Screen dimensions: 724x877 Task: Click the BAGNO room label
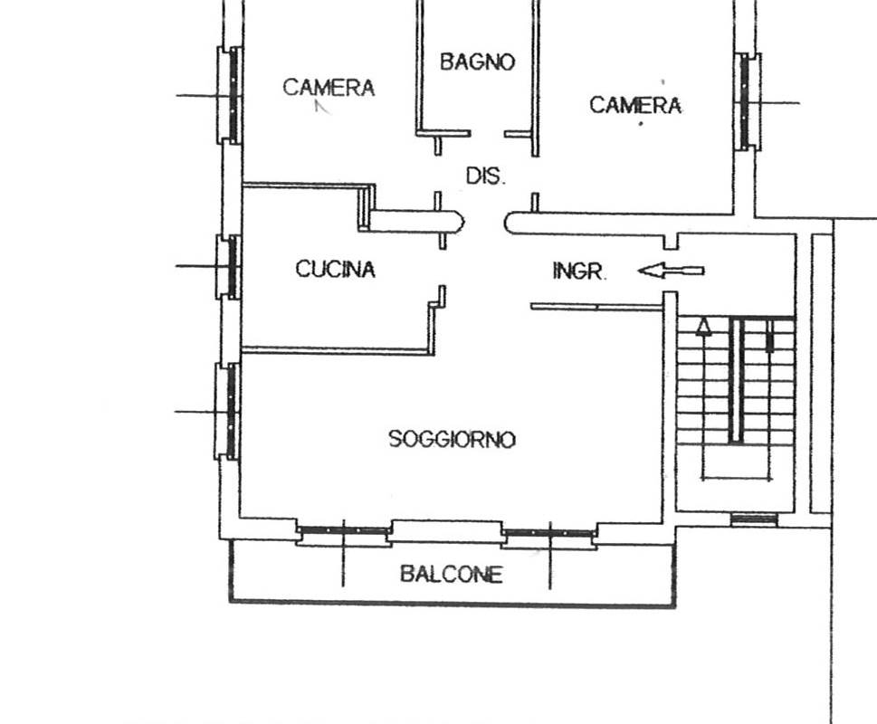(x=477, y=62)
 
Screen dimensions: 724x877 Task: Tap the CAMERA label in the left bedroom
(x=329, y=88)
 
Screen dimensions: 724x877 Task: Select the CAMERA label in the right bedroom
(x=635, y=106)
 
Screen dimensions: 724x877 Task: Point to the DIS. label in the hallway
(x=485, y=176)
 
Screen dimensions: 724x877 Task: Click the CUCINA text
(x=335, y=269)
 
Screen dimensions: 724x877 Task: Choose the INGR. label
(x=578, y=271)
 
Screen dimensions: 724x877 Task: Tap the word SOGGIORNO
(x=452, y=440)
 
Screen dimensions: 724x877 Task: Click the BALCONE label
(x=451, y=575)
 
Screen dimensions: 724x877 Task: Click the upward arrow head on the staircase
(x=703, y=327)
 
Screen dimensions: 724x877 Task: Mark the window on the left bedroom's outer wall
(x=232, y=94)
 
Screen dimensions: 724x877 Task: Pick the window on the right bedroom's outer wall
(x=746, y=101)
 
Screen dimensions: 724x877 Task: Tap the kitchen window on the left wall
(x=232, y=267)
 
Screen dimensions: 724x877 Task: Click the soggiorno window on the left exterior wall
(x=231, y=411)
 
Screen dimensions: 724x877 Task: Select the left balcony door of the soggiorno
(x=344, y=533)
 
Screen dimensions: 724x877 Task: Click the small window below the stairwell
(x=754, y=519)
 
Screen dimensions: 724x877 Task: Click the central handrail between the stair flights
(x=737, y=380)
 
